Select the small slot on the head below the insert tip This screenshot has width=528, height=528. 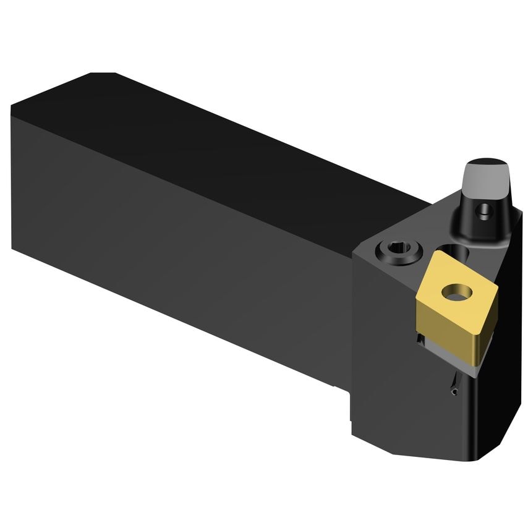[x=454, y=386]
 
